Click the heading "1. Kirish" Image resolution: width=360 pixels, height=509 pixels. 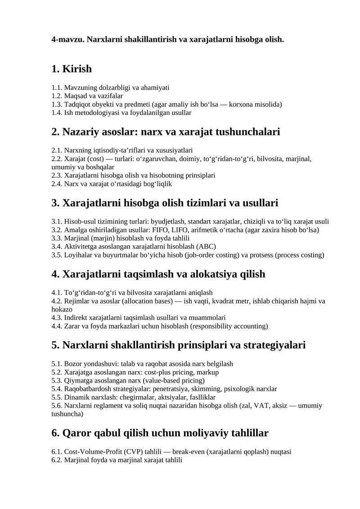(x=72, y=69)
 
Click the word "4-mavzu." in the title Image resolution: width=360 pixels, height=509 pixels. (x=68, y=40)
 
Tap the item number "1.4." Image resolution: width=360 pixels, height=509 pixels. (x=57, y=113)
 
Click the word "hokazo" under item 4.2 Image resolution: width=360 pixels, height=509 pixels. (x=62, y=309)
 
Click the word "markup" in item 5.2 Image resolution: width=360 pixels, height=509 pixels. (x=209, y=372)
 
